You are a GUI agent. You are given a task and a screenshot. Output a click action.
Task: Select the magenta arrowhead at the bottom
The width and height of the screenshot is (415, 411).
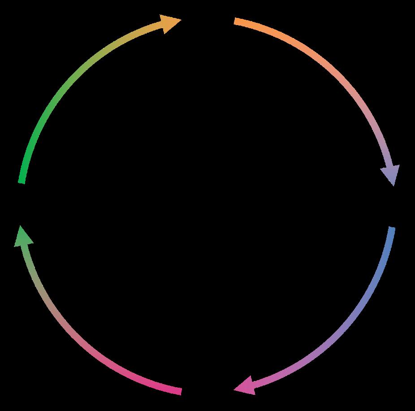pyautogui.click(x=246, y=385)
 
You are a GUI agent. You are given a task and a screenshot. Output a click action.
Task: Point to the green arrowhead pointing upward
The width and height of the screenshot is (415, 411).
pyautogui.click(x=23, y=238)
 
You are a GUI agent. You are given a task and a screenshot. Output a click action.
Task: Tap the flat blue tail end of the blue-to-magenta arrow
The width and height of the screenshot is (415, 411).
pyautogui.click(x=392, y=229)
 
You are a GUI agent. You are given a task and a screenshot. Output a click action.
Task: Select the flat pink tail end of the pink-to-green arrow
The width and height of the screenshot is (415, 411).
pyautogui.click(x=180, y=391)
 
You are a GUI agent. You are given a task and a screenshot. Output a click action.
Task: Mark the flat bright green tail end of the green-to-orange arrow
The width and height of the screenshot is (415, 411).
pyautogui.click(x=21, y=181)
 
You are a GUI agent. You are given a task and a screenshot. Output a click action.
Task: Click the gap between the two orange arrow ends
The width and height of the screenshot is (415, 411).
pyautogui.click(x=207, y=20)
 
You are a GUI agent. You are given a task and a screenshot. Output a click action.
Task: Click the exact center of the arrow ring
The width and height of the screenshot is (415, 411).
pyautogui.click(x=207, y=206)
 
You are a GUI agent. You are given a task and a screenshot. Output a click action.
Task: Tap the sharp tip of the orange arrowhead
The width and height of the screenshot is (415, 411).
pyautogui.click(x=181, y=19)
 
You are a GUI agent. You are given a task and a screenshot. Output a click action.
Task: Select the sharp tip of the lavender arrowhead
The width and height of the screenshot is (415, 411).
pyautogui.click(x=393, y=186)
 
